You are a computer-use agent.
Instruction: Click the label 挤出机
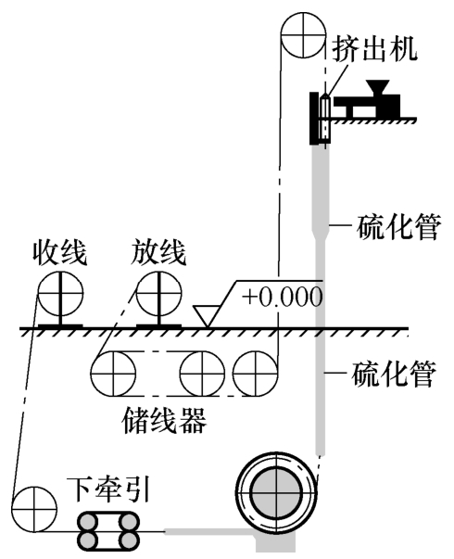click(x=374, y=49)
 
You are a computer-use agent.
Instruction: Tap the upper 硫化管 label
click(x=398, y=226)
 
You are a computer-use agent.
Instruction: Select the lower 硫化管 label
click(x=394, y=375)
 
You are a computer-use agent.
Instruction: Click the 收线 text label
click(x=60, y=252)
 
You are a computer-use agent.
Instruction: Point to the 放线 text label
click(x=158, y=252)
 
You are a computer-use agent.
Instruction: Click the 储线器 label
click(x=164, y=420)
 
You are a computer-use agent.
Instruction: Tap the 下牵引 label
click(x=107, y=489)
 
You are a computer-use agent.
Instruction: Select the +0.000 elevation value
click(x=283, y=297)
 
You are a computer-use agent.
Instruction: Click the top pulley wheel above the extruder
click(x=303, y=34)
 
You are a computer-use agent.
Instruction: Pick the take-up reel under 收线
click(x=60, y=293)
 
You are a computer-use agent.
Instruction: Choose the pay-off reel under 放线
click(x=159, y=293)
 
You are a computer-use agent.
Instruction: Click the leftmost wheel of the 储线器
click(x=113, y=374)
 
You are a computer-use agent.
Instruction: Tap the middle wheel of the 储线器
click(x=202, y=374)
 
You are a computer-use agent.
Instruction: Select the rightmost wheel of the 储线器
click(x=255, y=374)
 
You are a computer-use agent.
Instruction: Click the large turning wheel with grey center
click(x=276, y=492)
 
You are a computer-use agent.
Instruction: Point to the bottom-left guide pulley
click(x=34, y=509)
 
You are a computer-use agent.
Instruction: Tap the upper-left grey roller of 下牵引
click(x=88, y=523)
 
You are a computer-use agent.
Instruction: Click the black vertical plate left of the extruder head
click(x=313, y=119)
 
